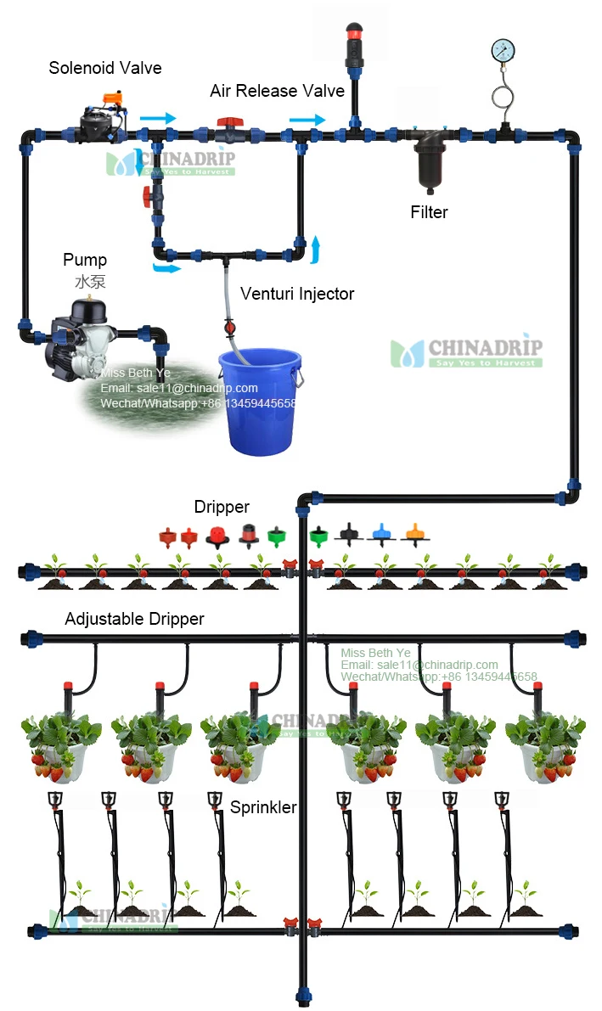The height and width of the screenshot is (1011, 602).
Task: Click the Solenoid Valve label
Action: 104,68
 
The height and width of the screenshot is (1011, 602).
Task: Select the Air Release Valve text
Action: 277,91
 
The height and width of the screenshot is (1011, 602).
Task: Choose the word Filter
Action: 429,212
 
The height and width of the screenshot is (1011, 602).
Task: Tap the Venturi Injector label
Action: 297,294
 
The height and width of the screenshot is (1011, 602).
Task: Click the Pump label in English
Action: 85,260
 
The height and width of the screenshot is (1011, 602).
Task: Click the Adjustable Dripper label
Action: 134,619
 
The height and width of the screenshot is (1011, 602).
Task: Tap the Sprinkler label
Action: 263,807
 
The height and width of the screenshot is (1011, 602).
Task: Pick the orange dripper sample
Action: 414,534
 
